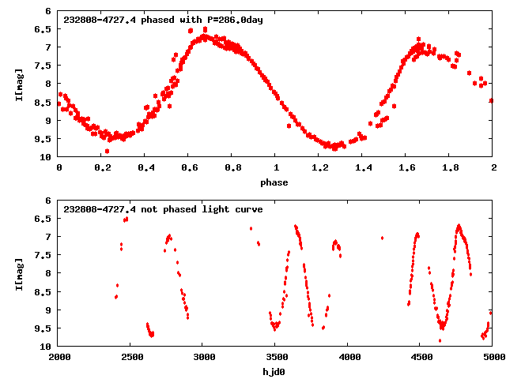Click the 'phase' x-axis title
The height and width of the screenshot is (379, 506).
(x=275, y=182)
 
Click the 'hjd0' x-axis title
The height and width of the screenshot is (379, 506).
(x=275, y=371)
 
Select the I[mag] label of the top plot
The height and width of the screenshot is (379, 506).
(x=19, y=84)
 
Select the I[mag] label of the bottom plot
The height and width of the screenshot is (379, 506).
(x=19, y=272)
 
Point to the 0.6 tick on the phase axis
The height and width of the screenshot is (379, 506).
(x=189, y=168)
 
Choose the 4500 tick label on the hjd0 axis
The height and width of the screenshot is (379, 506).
(x=420, y=357)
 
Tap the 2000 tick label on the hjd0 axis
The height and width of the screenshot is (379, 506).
(x=59, y=357)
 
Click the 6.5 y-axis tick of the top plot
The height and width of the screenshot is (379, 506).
(x=44, y=29)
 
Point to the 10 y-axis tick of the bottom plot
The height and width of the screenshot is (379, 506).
(x=47, y=346)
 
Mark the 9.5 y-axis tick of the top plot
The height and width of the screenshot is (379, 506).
(x=44, y=139)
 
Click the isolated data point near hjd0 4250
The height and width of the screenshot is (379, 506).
(x=383, y=238)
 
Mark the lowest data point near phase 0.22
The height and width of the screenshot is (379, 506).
(x=107, y=151)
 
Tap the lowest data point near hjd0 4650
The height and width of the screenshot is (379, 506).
(x=440, y=340)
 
